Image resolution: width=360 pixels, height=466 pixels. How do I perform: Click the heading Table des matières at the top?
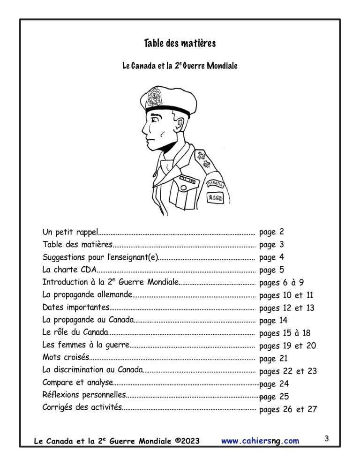tap(180, 44)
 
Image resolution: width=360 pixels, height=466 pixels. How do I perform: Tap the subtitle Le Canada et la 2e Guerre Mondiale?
tap(180, 66)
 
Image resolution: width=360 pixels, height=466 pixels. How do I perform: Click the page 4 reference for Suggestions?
tap(271, 257)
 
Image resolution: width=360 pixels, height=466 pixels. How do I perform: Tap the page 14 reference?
tap(273, 321)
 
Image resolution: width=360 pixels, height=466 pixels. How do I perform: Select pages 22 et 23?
tap(288, 371)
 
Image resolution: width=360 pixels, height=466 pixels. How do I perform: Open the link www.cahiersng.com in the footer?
tap(260, 441)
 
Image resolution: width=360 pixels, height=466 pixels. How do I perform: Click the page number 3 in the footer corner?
tap(326, 439)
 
